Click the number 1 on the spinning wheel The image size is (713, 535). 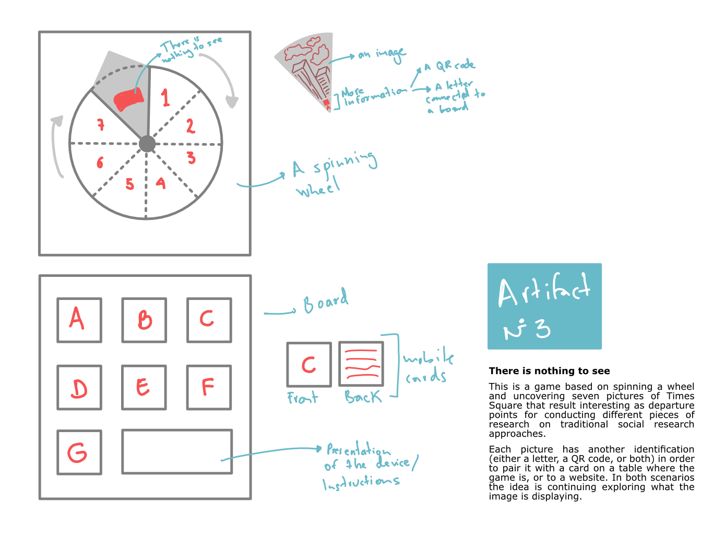(x=165, y=98)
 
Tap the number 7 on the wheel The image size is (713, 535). (x=101, y=124)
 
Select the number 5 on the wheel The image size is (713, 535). (x=129, y=184)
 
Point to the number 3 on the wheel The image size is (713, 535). (x=191, y=157)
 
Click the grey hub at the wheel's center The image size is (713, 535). (x=147, y=144)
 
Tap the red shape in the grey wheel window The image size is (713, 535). (x=128, y=99)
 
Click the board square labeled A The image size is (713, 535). (x=79, y=320)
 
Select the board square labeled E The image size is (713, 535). (x=144, y=387)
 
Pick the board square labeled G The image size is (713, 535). (x=79, y=452)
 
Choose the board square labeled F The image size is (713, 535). (x=208, y=387)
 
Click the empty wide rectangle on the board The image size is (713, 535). (x=177, y=452)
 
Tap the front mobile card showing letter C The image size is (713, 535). (x=308, y=365)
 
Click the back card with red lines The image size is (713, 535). (x=361, y=364)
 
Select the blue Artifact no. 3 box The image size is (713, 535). (x=544, y=306)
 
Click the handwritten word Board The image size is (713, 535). (x=326, y=301)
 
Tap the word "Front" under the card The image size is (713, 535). (x=303, y=398)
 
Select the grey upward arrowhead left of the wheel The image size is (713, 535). (x=57, y=121)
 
